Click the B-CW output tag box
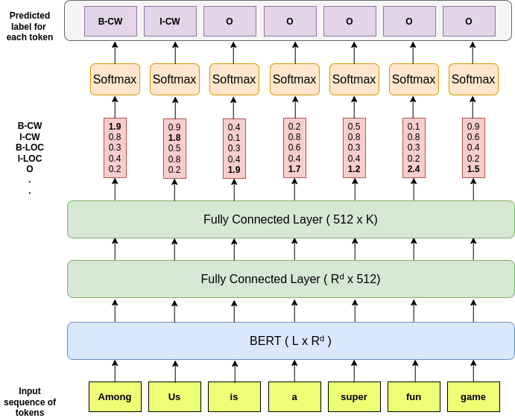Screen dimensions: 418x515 [110, 22]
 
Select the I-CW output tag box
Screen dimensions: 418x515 [171, 22]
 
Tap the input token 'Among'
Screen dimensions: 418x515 [115, 396]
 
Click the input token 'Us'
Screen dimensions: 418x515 [174, 396]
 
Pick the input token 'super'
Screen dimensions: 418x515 [354, 396]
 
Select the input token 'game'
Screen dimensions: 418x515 [473, 396]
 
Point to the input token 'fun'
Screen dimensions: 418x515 [414, 396]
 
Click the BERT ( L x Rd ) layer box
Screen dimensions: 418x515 [291, 341]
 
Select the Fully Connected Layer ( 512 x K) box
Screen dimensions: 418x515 [291, 220]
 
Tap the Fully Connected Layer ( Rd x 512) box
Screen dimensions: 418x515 [291, 279]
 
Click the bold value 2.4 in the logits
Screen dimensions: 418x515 [414, 169]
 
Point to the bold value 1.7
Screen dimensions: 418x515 [294, 169]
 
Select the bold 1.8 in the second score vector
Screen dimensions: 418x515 [174, 138]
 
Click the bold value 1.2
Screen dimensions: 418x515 [354, 169]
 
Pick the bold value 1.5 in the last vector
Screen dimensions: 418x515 [473, 169]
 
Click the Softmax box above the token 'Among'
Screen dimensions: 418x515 [115, 80]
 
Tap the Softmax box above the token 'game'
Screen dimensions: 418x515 [473, 80]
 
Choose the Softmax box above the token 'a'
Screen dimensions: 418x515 [294, 80]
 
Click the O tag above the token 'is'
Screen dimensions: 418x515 [230, 22]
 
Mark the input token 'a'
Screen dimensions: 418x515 [294, 396]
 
